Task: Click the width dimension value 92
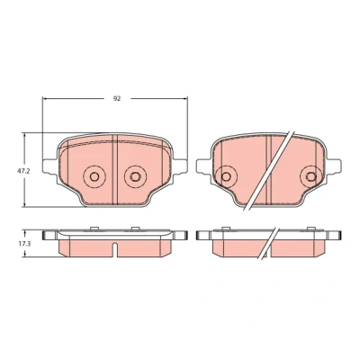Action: coord(117,98)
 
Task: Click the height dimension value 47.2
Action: coord(22,171)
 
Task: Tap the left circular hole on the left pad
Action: coord(94,176)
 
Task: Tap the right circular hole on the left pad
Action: coord(136,176)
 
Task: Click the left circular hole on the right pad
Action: coord(226,176)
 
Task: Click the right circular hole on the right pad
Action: coord(310,176)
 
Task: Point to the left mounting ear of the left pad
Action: coord(50,166)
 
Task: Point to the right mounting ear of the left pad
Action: coord(180,166)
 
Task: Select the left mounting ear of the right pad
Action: coord(203,166)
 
